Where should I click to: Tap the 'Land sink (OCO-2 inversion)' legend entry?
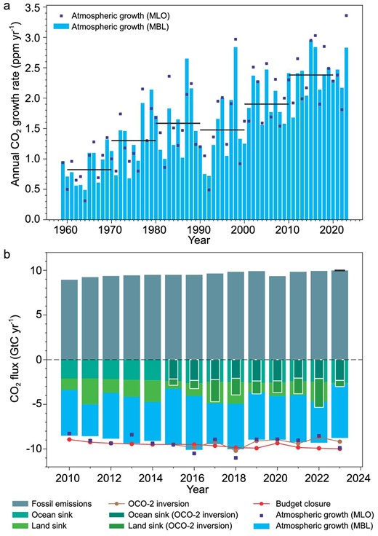coord(201,525)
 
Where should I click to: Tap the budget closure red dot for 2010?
coord(69,439)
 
